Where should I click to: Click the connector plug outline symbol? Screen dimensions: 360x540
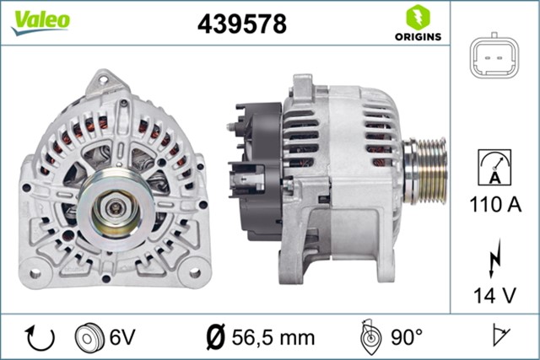(494, 58)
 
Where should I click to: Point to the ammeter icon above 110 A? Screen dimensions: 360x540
(494, 167)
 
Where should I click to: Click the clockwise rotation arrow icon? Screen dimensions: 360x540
(40, 337)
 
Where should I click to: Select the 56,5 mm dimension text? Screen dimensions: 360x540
(262, 337)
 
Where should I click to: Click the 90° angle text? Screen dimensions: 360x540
(407, 337)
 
